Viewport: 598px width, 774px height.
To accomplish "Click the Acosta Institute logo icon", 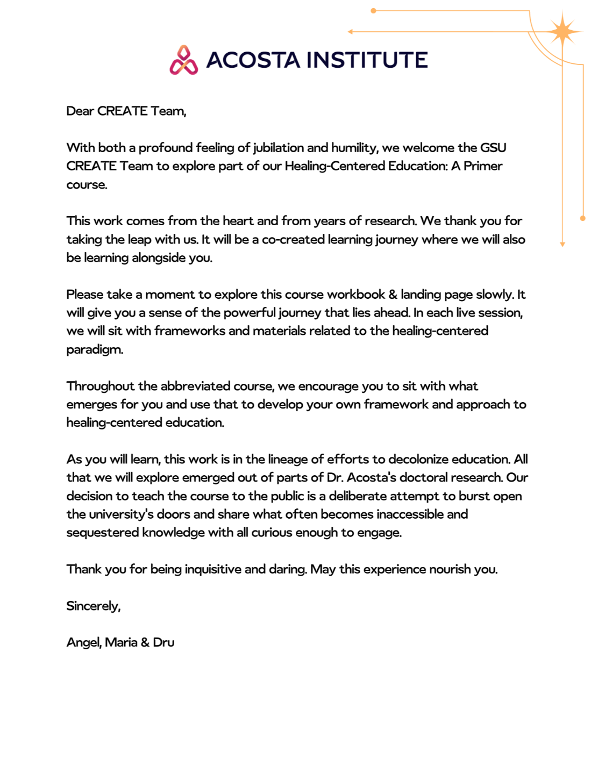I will point(184,60).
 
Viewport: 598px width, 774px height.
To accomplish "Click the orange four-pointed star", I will point(563,32).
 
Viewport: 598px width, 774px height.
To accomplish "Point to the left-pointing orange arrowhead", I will point(351,32).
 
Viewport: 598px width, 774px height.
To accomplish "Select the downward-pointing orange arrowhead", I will point(563,244).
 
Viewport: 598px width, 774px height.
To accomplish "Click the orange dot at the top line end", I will point(374,11).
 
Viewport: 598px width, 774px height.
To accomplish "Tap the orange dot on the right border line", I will point(583,218).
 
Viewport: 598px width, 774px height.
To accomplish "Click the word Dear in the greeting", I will point(80,111).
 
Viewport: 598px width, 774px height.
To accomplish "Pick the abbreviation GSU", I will point(493,148).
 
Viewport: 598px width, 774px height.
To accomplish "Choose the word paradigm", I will point(94,350).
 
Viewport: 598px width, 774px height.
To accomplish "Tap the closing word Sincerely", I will point(92,606).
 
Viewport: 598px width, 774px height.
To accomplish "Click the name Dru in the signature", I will point(163,643).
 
